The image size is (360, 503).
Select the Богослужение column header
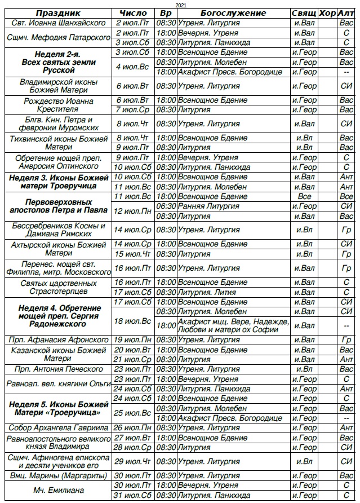tap(233, 12)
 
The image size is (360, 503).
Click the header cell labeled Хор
tap(327, 12)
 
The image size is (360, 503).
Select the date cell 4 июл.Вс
tap(134, 67)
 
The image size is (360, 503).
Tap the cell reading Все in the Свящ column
tap(304, 196)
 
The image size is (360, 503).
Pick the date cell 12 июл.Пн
tap(134, 211)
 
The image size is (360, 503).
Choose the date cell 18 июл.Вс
tap(134, 321)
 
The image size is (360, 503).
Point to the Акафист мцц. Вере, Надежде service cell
tap(233, 326)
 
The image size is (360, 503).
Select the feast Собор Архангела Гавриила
tap(58, 427)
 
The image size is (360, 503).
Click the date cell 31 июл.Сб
tap(134, 495)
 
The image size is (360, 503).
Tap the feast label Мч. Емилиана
tap(58, 491)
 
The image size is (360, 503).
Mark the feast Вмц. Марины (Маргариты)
tap(58, 475)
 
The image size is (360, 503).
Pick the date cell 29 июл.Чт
tap(134, 461)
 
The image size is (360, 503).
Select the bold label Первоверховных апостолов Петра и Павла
tap(58, 206)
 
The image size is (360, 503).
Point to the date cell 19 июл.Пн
tap(134, 340)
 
